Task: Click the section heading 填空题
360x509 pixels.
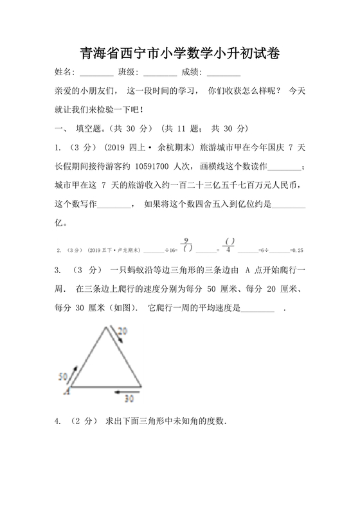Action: (95, 128)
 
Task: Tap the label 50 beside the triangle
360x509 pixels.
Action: (63, 376)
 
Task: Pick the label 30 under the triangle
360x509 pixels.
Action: (129, 398)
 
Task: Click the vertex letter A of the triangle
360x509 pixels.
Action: (66, 389)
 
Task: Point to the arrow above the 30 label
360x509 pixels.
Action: (124, 389)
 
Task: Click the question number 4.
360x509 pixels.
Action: (59, 422)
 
